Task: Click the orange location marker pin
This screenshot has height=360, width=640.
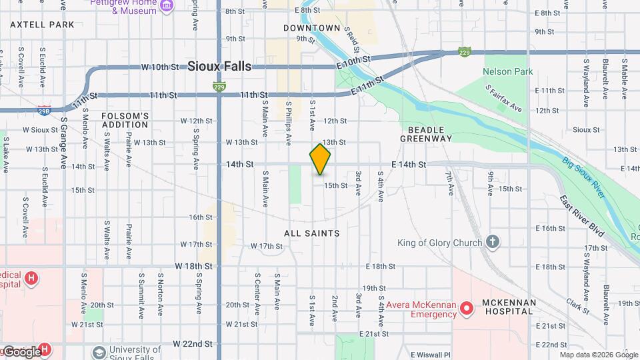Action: (320, 159)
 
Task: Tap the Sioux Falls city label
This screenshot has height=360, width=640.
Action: (219, 66)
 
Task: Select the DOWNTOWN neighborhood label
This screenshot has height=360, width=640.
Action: (311, 28)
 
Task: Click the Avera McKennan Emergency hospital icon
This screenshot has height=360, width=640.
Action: (467, 307)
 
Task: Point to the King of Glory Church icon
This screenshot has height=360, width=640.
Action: (493, 242)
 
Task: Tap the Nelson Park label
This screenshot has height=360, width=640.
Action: (507, 71)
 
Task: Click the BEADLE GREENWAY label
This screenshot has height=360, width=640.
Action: (426, 133)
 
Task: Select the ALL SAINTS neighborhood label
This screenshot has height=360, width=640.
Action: (312, 233)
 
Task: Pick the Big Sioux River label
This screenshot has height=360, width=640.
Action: (583, 177)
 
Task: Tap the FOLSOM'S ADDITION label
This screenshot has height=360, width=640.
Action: (125, 120)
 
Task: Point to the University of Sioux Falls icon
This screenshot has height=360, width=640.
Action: (99, 351)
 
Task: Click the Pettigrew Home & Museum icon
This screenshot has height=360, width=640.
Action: (167, 7)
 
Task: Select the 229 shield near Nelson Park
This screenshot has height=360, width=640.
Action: (465, 51)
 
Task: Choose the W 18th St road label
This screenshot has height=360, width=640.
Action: (193, 266)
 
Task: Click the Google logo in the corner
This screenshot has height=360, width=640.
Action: (22, 351)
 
